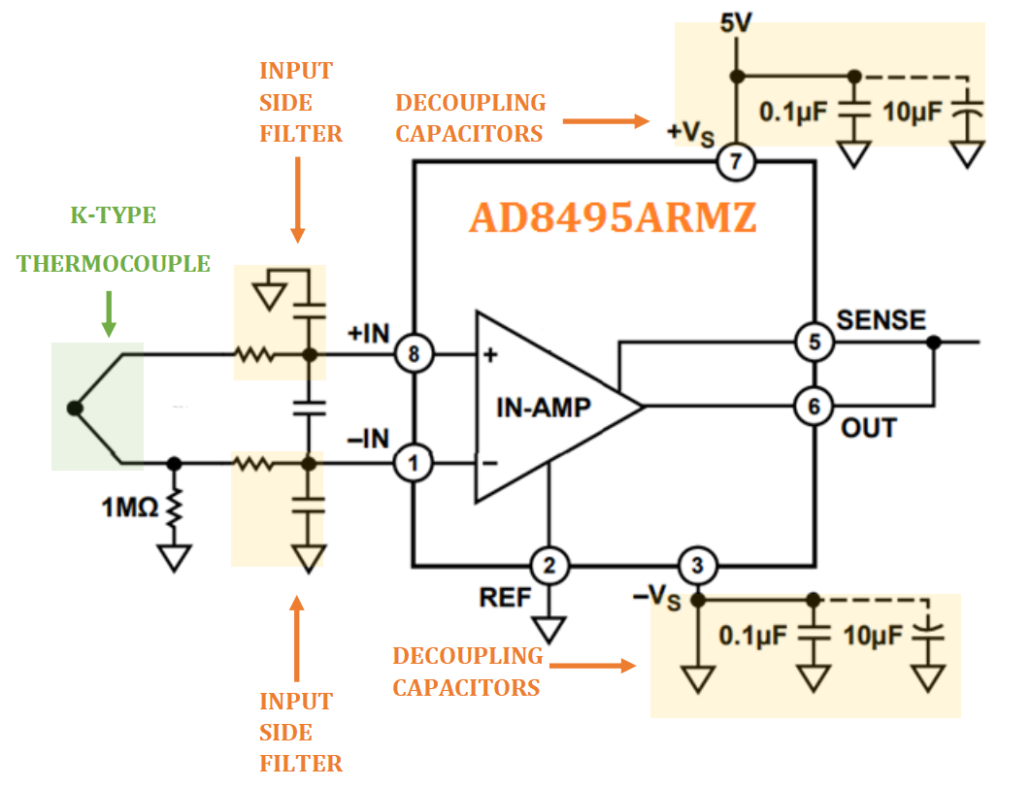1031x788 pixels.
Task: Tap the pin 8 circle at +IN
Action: (415, 355)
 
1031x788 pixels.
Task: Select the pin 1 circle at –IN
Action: (415, 465)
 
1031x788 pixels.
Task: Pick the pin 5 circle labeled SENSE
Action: (814, 342)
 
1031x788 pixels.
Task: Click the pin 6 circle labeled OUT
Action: (814, 406)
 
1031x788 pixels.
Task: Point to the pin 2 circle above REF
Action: (549, 565)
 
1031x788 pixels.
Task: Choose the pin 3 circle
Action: (695, 565)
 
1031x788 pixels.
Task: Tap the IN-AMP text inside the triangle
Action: (543, 408)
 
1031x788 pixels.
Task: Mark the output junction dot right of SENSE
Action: (933, 342)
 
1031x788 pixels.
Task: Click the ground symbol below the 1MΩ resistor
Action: (176, 558)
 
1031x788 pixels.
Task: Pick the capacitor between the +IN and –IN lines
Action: (310, 410)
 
